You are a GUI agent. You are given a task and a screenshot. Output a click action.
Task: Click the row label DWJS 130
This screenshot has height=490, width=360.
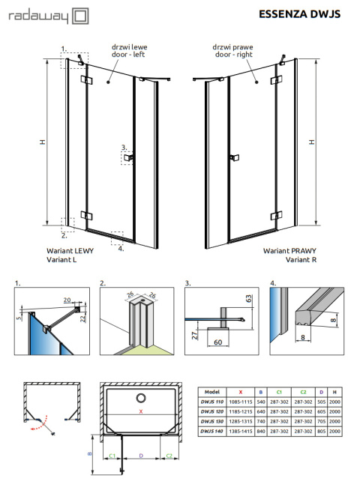(x=211, y=423)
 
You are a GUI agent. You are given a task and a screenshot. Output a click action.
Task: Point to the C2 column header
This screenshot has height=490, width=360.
(x=304, y=391)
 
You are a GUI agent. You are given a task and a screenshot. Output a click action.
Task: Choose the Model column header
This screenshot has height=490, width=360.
(x=211, y=391)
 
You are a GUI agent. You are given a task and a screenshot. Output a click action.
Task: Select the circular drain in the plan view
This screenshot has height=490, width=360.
(x=140, y=397)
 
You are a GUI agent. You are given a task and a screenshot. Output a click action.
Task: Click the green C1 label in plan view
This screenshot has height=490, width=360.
(x=112, y=454)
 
